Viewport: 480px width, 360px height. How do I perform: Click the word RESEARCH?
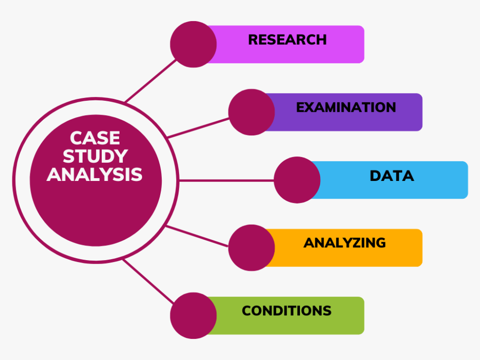(x=287, y=39)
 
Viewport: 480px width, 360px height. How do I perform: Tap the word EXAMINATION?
(x=346, y=107)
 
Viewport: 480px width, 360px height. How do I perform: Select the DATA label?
(x=392, y=176)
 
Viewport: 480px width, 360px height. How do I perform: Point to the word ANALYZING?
(x=344, y=243)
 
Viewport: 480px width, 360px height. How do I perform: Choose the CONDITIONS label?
(x=287, y=311)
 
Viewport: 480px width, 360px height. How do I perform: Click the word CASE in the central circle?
(x=95, y=138)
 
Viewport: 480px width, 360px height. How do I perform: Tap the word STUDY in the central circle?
(x=95, y=156)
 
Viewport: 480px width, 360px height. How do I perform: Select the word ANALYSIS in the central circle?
(x=95, y=174)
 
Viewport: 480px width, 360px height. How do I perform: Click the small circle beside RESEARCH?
(x=193, y=44)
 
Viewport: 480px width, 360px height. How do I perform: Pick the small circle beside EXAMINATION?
(x=251, y=112)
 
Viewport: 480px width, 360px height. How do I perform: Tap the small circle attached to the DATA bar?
(x=297, y=180)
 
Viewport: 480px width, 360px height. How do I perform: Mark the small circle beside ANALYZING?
(x=251, y=248)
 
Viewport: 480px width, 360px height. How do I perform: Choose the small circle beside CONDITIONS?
(x=193, y=315)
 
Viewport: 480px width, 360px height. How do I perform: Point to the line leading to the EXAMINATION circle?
(x=198, y=128)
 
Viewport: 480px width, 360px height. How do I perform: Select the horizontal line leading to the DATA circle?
(x=226, y=180)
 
